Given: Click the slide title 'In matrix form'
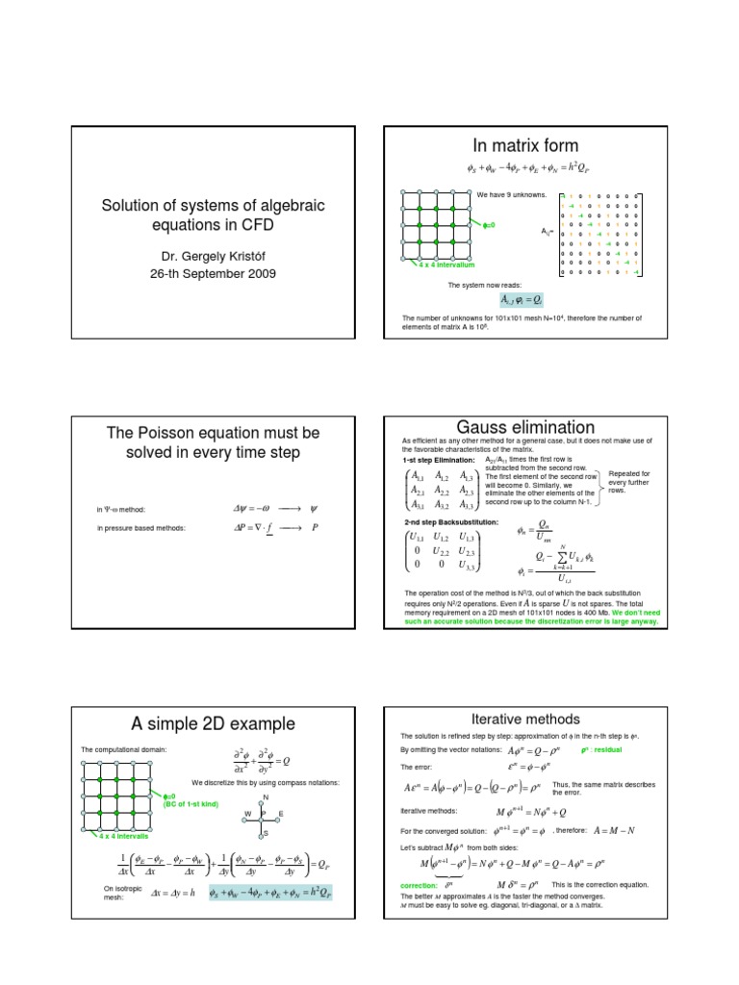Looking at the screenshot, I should click(x=524, y=145).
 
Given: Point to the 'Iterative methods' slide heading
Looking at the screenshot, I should click(x=525, y=719).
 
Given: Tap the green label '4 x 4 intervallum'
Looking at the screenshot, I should click(x=442, y=264).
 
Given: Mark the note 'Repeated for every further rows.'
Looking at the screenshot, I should click(x=630, y=482).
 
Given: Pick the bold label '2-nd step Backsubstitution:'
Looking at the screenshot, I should click(x=450, y=521).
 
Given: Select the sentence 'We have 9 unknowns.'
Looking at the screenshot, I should click(x=511, y=194).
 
